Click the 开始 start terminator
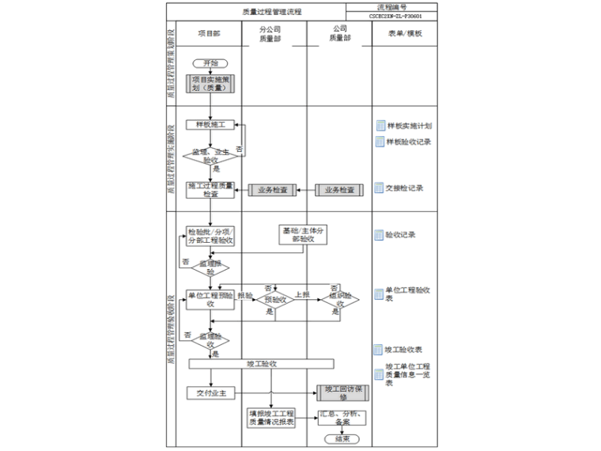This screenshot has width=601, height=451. [x=210, y=63]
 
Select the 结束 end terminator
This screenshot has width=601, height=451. [x=342, y=439]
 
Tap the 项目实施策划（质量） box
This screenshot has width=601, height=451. [x=210, y=84]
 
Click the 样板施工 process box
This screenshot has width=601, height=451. [x=210, y=125]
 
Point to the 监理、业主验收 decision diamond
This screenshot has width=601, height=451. [x=210, y=155]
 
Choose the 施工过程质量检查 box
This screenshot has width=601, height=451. [x=210, y=190]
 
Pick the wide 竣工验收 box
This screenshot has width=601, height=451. [x=261, y=364]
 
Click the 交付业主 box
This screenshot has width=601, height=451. [x=211, y=392]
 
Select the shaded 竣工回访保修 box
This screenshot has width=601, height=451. [x=342, y=393]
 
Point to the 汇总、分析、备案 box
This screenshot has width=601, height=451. [x=342, y=418]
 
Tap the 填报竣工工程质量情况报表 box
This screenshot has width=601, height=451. [x=271, y=418]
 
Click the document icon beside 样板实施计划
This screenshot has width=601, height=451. [x=380, y=126]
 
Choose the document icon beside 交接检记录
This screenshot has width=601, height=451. [x=380, y=188]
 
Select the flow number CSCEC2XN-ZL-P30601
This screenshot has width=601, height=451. [x=395, y=16]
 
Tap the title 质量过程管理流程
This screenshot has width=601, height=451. [x=271, y=12]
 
